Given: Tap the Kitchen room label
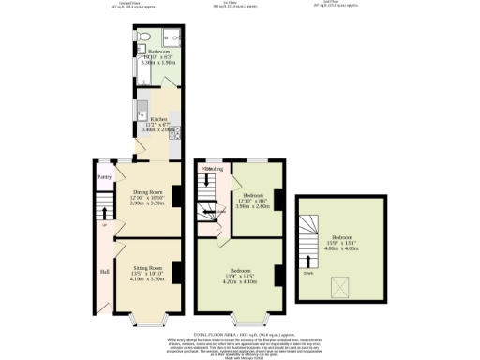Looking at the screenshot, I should coord(157,119).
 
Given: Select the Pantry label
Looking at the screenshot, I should coord(105,175).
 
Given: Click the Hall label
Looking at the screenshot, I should coord(104,273).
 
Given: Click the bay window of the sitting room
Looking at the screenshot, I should coord(148,320).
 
